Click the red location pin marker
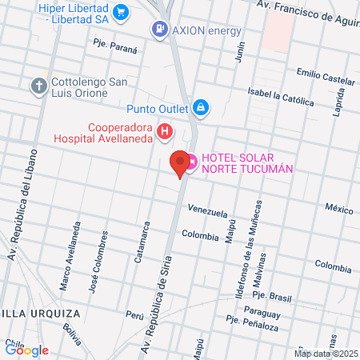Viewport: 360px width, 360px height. point(181,162)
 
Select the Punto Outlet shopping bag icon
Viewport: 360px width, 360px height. point(200,106)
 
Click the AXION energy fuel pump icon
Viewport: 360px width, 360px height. point(160,30)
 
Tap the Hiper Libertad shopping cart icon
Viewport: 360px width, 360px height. point(121,11)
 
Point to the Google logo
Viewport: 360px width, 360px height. point(27,350)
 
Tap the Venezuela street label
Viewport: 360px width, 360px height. point(208,210)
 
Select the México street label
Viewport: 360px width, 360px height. point(338,209)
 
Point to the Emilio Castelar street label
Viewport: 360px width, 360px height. point(325,78)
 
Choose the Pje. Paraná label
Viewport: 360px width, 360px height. point(115,45)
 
